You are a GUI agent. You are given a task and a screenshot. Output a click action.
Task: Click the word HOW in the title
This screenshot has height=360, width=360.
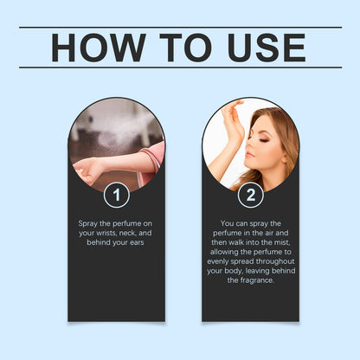(x=99, y=48)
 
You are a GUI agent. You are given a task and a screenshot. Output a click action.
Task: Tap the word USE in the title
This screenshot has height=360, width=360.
(x=267, y=48)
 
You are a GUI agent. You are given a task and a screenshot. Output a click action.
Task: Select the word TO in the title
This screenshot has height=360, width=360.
(x=185, y=48)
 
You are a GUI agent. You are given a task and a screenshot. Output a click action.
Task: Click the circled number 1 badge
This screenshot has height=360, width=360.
(x=117, y=195)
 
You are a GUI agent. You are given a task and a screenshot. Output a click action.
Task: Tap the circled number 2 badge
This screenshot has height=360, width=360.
(x=251, y=195)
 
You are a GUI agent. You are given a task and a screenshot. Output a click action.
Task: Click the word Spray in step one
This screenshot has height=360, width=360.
(x=87, y=224)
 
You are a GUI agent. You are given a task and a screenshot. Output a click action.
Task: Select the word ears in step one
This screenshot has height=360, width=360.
(x=137, y=242)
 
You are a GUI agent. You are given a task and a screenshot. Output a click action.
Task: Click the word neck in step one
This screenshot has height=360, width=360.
(x=127, y=233)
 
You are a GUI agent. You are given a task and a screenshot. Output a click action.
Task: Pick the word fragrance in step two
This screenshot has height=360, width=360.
(x=257, y=280)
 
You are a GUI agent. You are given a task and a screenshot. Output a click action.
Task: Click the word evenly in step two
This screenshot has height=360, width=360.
(x=217, y=262)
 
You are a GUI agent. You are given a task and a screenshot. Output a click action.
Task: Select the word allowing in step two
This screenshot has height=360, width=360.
(x=224, y=252)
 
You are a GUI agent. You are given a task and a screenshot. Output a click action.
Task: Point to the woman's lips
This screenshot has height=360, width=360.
(x=250, y=155)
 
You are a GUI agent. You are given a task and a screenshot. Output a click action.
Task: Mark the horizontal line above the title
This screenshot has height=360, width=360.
(x=181, y=28)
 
